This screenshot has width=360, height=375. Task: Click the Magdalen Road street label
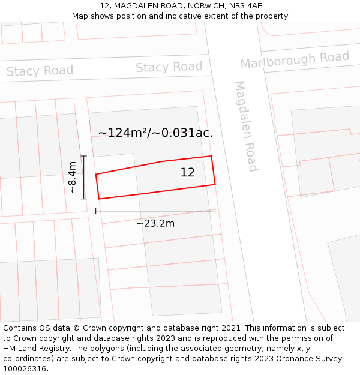[246, 126]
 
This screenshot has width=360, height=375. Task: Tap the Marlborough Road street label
[295, 59]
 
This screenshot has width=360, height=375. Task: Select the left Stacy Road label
[40, 71]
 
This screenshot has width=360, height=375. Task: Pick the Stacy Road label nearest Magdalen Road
[169, 67]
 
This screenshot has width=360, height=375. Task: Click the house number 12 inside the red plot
[187, 173]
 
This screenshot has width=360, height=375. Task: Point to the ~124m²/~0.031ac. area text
[155, 133]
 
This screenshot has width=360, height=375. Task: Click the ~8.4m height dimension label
[72, 177]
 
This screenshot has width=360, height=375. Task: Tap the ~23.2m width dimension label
[155, 224]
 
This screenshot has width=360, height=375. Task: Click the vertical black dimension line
[84, 177]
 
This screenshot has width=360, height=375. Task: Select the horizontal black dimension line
[155, 211]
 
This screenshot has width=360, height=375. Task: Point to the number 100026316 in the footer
[25, 369]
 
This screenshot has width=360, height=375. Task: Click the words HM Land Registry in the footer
[33, 349]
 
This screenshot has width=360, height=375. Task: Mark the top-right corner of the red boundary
[211, 157]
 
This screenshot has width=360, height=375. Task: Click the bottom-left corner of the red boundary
[99, 199]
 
